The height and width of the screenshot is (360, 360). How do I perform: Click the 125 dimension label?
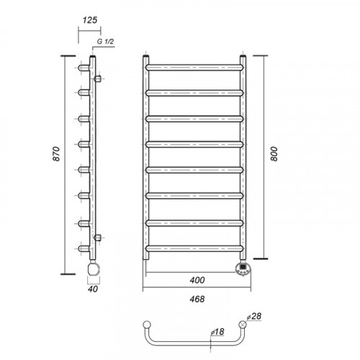(90, 20)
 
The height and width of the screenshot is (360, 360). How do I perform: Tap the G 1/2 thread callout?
(105, 41)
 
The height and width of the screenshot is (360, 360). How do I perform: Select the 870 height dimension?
(56, 153)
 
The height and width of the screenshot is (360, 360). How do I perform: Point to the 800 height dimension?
(274, 154)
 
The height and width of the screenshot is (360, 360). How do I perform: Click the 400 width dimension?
(197, 280)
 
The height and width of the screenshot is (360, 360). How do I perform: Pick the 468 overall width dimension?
(197, 299)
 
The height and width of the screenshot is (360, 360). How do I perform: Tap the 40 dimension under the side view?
(93, 289)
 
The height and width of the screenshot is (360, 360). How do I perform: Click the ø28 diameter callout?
(254, 316)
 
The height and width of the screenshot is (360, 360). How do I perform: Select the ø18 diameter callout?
(217, 332)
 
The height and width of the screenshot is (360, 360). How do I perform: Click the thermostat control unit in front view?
(243, 269)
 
